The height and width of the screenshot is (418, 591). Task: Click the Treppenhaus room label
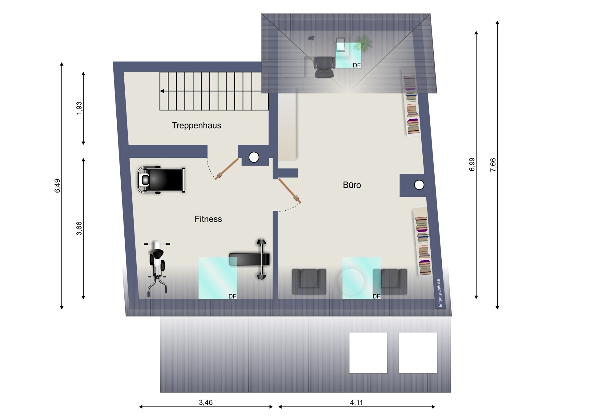196,125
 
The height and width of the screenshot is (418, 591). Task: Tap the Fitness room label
208,219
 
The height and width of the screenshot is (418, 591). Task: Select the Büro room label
352,185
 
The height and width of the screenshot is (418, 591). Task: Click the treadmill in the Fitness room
161,180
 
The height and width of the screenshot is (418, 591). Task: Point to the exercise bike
157,268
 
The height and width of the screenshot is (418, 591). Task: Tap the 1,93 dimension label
79,108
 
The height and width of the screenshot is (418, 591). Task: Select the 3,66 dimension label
79,228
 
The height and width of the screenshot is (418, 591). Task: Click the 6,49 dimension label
58,186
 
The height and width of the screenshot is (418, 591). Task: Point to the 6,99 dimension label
472,164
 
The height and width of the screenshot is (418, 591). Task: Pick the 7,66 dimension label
493,165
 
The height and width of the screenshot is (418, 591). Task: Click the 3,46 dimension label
206,402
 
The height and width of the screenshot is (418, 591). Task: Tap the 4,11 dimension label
356,402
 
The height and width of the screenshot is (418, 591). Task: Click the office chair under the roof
324,67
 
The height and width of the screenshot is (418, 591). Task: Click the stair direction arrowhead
162,91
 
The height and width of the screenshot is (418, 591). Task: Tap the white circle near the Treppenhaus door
254,157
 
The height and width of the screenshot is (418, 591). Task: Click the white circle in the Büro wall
419,185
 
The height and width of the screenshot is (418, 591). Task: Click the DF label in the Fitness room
232,296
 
